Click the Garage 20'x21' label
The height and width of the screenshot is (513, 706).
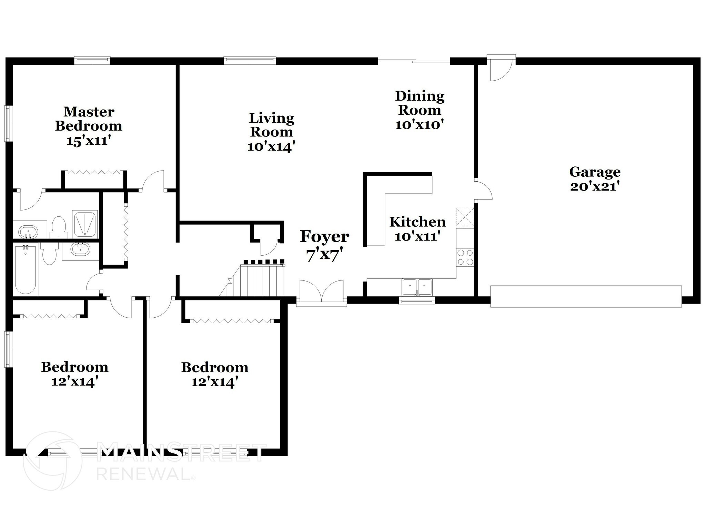[595, 179]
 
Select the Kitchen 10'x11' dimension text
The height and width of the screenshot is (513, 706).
[417, 237]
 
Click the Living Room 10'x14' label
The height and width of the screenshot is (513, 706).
[271, 132]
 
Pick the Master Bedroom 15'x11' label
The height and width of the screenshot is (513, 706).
[89, 126]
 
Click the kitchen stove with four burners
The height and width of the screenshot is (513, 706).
[465, 257]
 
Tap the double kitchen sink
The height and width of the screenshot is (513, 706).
[417, 287]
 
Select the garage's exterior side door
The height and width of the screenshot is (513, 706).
[501, 69]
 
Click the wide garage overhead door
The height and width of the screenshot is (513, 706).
[586, 296]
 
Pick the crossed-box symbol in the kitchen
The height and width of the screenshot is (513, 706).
[465, 217]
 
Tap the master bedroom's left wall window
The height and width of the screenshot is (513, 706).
[8, 123]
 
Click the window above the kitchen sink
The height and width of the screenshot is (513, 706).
[416, 301]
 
